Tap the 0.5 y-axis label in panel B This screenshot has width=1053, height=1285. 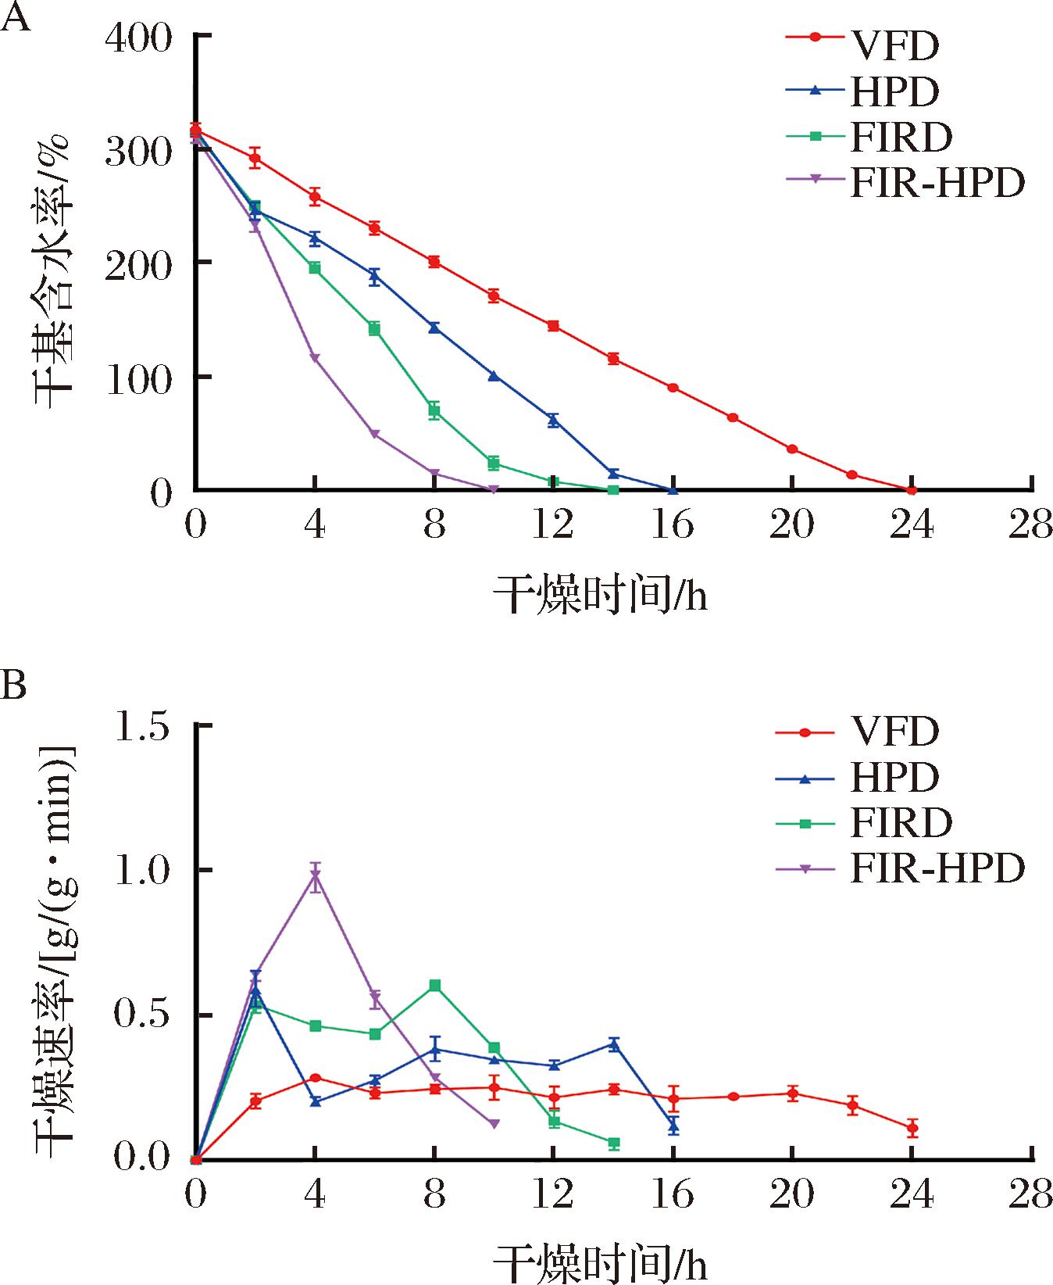coord(142,1015)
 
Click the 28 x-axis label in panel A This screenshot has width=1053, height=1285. coord(1030,525)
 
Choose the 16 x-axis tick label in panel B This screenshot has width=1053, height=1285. coord(673,1194)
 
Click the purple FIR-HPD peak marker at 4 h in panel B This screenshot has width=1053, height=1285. coord(315,876)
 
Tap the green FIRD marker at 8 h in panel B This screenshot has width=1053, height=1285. coord(435,985)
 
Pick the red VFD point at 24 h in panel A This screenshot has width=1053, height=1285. coord(911,490)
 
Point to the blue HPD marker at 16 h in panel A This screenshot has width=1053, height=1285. coord(673,490)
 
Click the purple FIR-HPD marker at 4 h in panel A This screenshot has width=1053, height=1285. coord(315,358)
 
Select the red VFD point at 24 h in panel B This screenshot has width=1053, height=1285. coord(912,1128)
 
